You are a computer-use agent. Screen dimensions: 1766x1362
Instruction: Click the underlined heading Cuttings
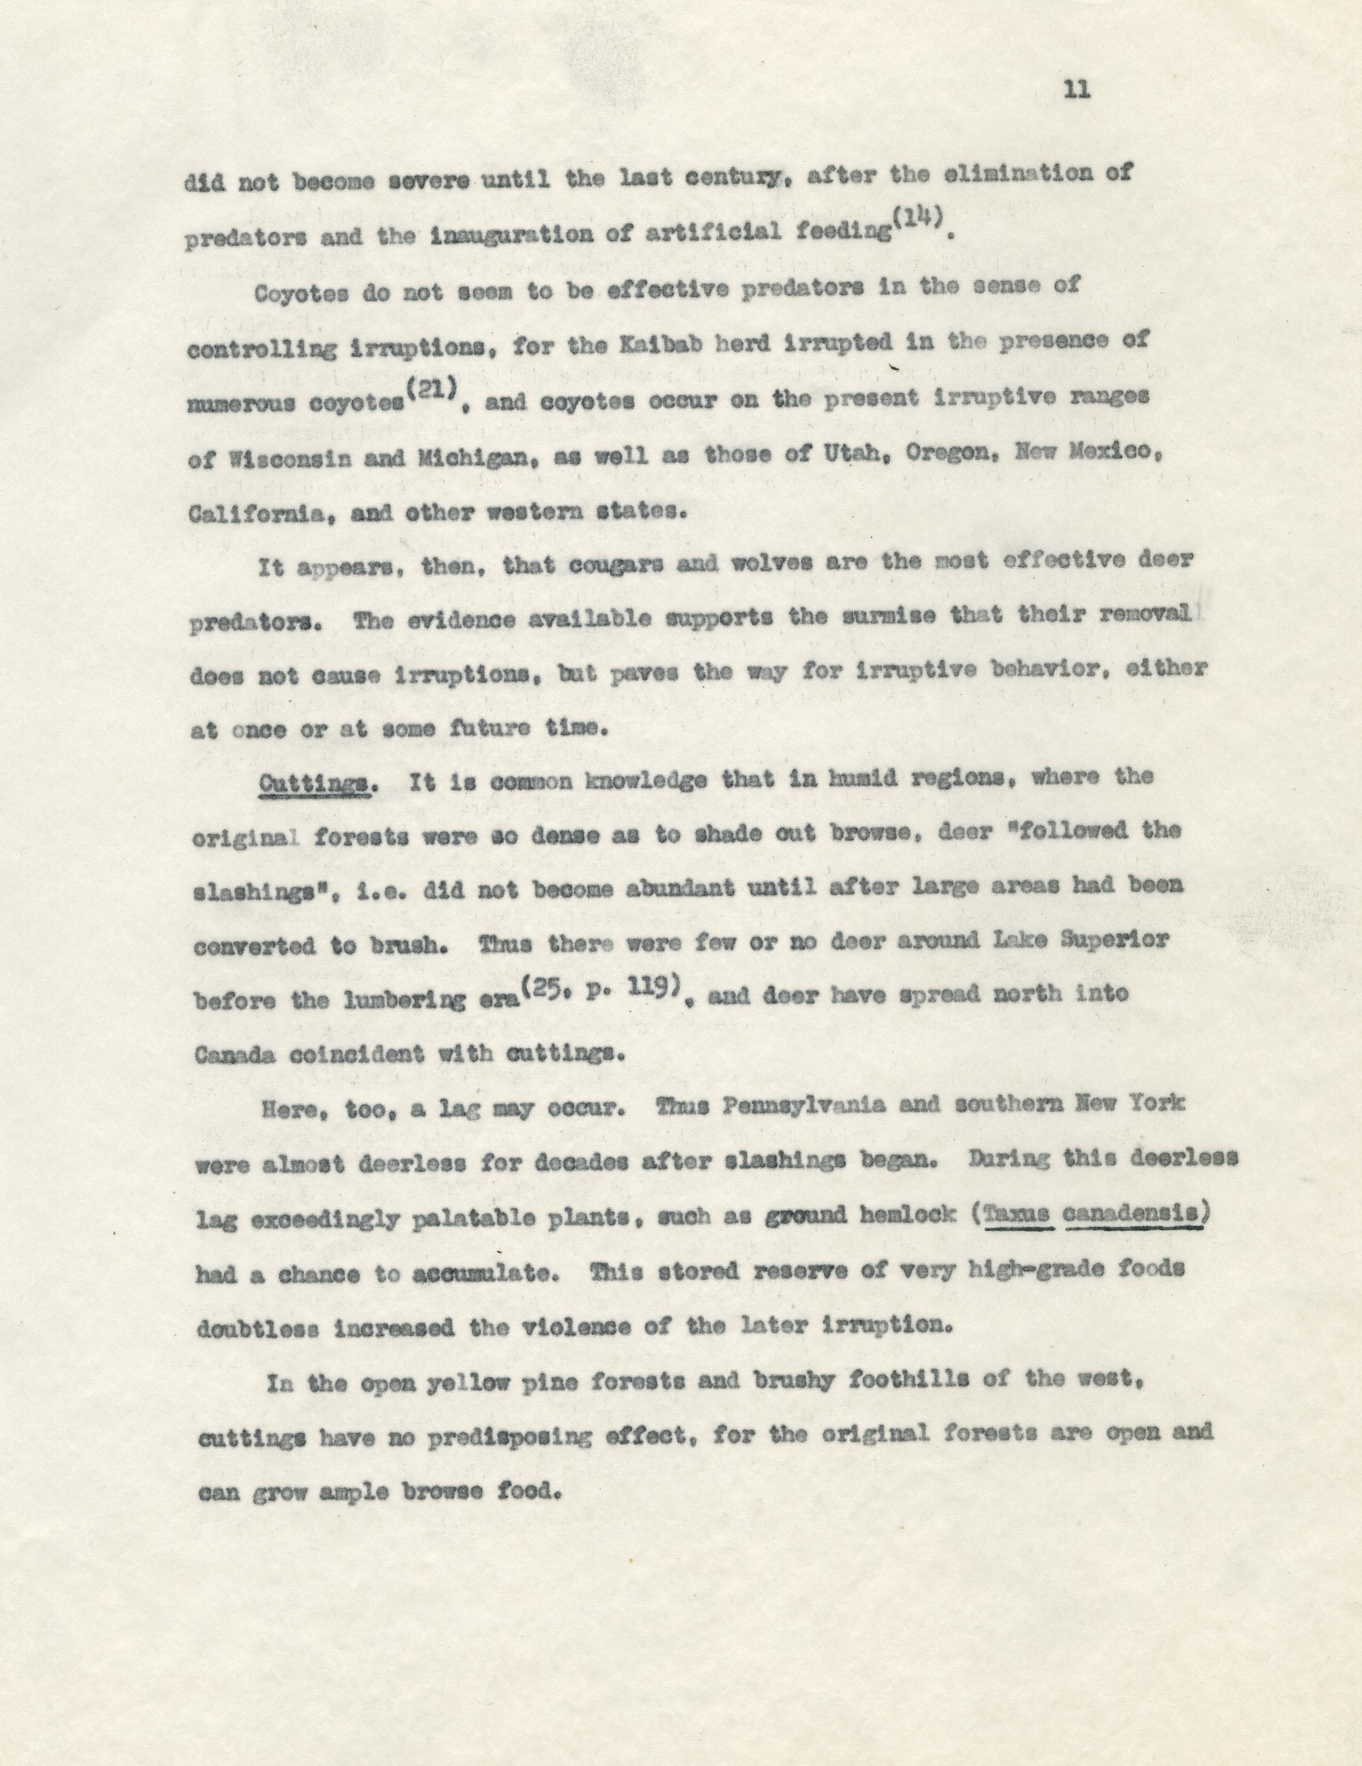click(x=314, y=783)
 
